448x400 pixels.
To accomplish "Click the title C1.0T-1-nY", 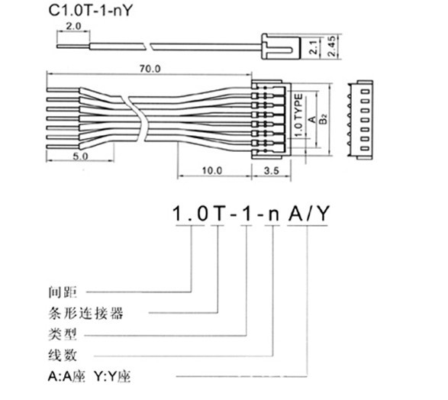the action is point(91,11).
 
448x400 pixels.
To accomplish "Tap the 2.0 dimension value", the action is point(73,26).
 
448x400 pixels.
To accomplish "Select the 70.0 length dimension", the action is point(150,69).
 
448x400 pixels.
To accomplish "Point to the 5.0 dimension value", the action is point(80,156).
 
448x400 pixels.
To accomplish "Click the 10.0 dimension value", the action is point(212,170).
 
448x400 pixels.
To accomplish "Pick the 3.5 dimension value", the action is point(271,170).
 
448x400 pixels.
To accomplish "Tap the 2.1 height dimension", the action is point(314,47).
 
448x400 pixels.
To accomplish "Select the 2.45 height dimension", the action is point(332,46).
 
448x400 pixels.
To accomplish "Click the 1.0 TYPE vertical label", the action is point(298,115).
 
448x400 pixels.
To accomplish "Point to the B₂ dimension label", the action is point(324,119).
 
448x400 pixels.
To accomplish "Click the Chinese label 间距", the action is point(63,292).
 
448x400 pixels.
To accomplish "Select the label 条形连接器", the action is point(85,313).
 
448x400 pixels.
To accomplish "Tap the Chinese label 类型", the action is point(63,334).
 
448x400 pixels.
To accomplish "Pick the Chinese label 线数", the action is point(63,356).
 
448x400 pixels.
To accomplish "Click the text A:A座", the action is point(67,376).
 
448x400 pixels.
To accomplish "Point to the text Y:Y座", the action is point(112,376).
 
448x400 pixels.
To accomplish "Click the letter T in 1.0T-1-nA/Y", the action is point(218,213).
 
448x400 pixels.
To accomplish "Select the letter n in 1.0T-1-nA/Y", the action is point(273,215).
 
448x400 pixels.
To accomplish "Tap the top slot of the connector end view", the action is point(365,92).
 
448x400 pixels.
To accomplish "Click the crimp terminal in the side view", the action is point(282,47).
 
